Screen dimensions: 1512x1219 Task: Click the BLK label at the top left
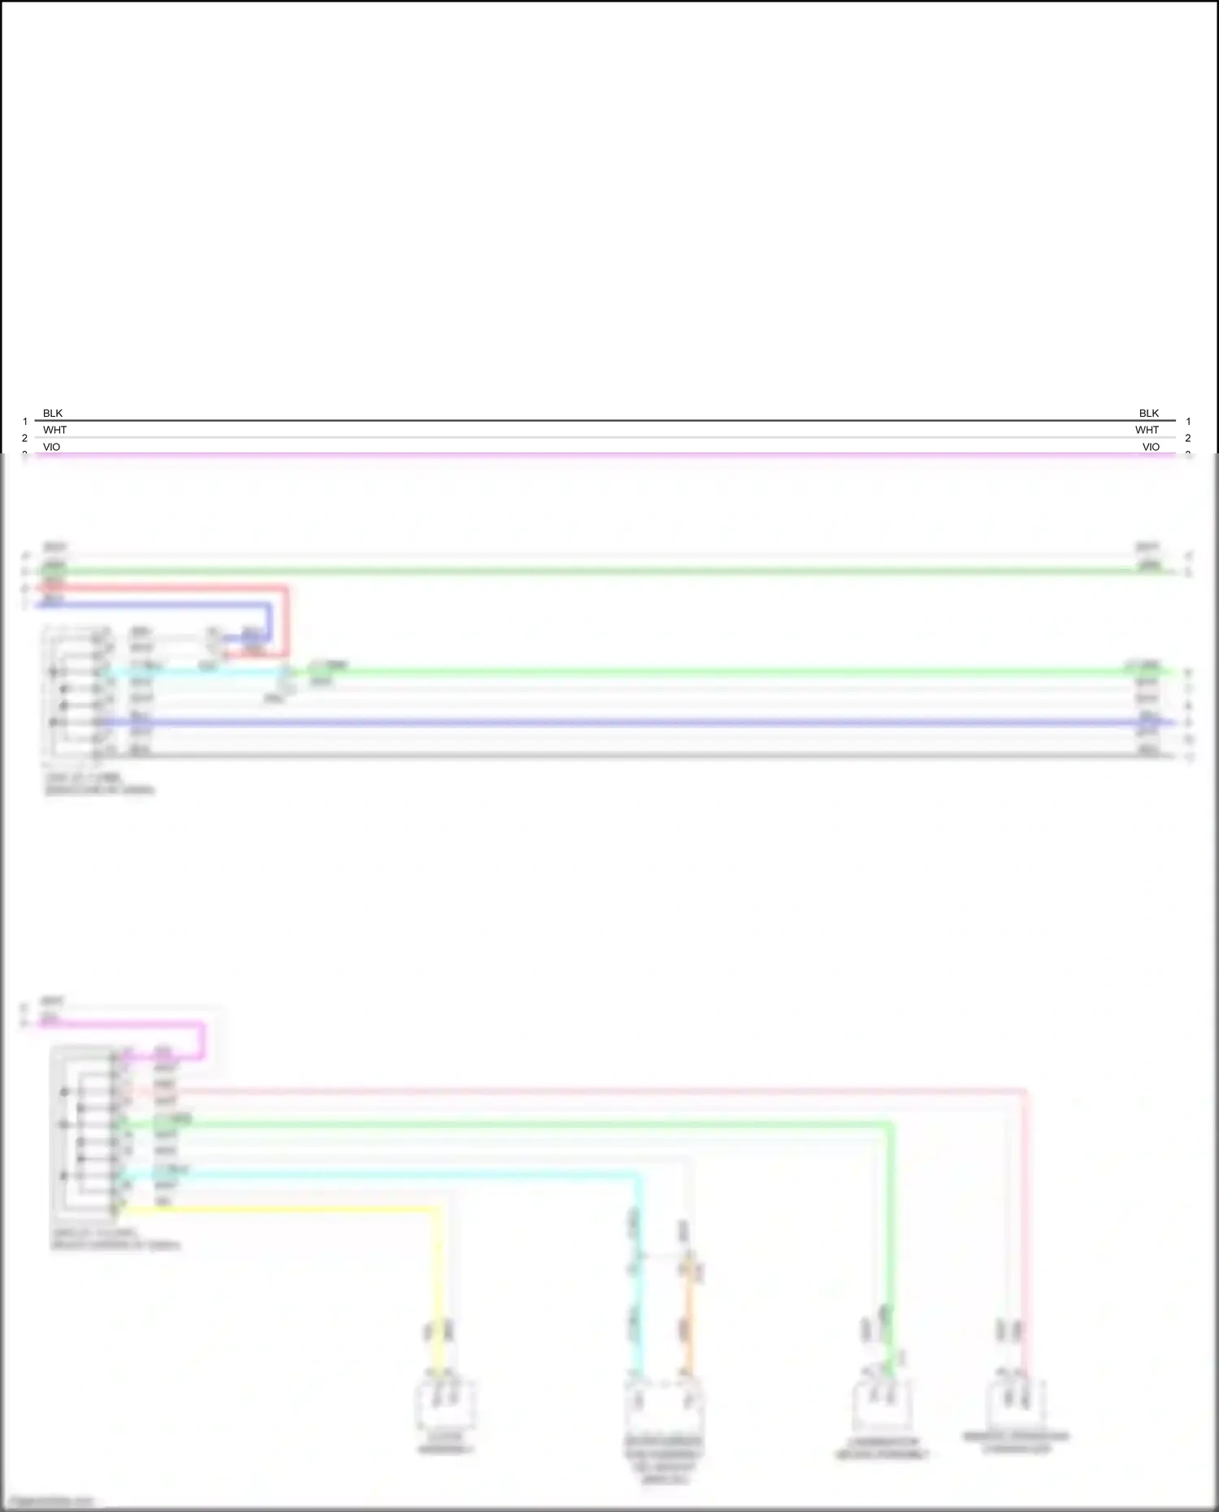(x=53, y=414)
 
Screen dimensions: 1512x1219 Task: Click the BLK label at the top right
(x=1148, y=414)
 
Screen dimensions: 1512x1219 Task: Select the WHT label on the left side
(x=54, y=430)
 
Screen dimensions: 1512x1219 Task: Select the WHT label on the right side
(x=1147, y=430)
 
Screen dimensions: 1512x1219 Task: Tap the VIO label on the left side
(x=51, y=447)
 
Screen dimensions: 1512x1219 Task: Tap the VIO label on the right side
(x=1151, y=447)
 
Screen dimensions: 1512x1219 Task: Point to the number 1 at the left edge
(x=25, y=422)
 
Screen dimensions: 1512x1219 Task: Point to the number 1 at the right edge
(x=1188, y=422)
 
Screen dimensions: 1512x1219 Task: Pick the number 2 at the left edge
(x=24, y=438)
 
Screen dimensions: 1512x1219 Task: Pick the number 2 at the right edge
(x=1188, y=438)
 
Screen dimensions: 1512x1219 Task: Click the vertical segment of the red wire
(x=286, y=622)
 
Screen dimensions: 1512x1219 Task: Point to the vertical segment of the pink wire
(x=1025, y=1219)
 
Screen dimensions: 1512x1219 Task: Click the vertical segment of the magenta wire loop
(x=202, y=1041)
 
